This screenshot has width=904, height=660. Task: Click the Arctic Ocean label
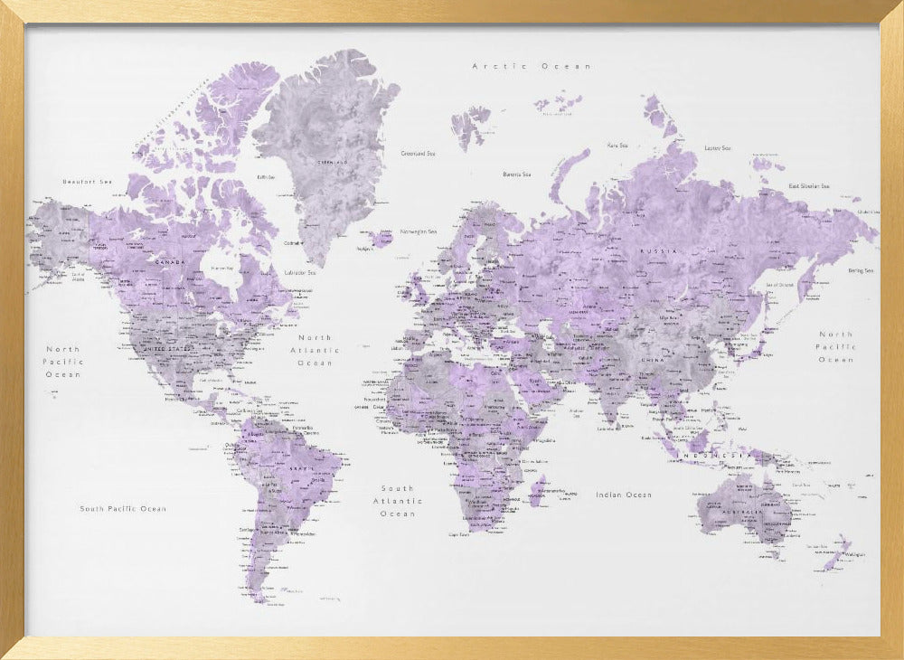532,66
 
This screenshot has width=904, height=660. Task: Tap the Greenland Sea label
419,154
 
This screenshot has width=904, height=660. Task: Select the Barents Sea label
517,174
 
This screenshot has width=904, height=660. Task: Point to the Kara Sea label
617,145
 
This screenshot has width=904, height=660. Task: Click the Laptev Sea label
717,147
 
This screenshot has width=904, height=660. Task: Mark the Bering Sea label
860,270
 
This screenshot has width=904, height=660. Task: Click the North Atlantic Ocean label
315,350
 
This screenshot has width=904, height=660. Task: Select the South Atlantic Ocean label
398,501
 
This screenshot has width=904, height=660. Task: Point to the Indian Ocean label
623,495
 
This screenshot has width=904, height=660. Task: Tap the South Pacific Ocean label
123,509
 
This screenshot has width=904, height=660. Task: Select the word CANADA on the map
171,263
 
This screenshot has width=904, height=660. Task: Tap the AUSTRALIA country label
741,513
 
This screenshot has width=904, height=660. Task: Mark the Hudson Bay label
222,269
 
